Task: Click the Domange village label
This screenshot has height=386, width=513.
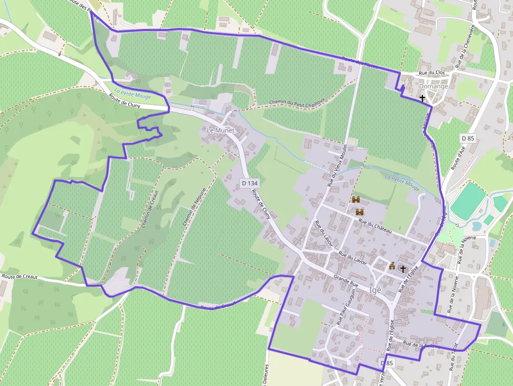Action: click(x=433, y=86)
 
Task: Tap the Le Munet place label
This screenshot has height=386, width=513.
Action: click(x=220, y=130)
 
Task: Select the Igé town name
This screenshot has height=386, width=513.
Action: click(x=375, y=290)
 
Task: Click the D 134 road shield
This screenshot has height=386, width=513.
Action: click(x=250, y=183)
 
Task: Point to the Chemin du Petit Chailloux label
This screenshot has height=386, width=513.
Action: click(x=297, y=102)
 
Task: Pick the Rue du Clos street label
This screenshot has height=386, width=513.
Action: click(x=431, y=74)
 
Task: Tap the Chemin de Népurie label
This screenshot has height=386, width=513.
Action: click(x=193, y=207)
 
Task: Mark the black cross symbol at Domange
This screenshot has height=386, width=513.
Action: click(x=422, y=98)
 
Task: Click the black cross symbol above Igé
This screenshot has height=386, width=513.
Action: click(x=403, y=269)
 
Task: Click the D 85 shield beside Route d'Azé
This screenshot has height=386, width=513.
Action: click(x=467, y=138)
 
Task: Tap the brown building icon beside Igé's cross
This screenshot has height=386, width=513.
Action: click(x=392, y=266)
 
